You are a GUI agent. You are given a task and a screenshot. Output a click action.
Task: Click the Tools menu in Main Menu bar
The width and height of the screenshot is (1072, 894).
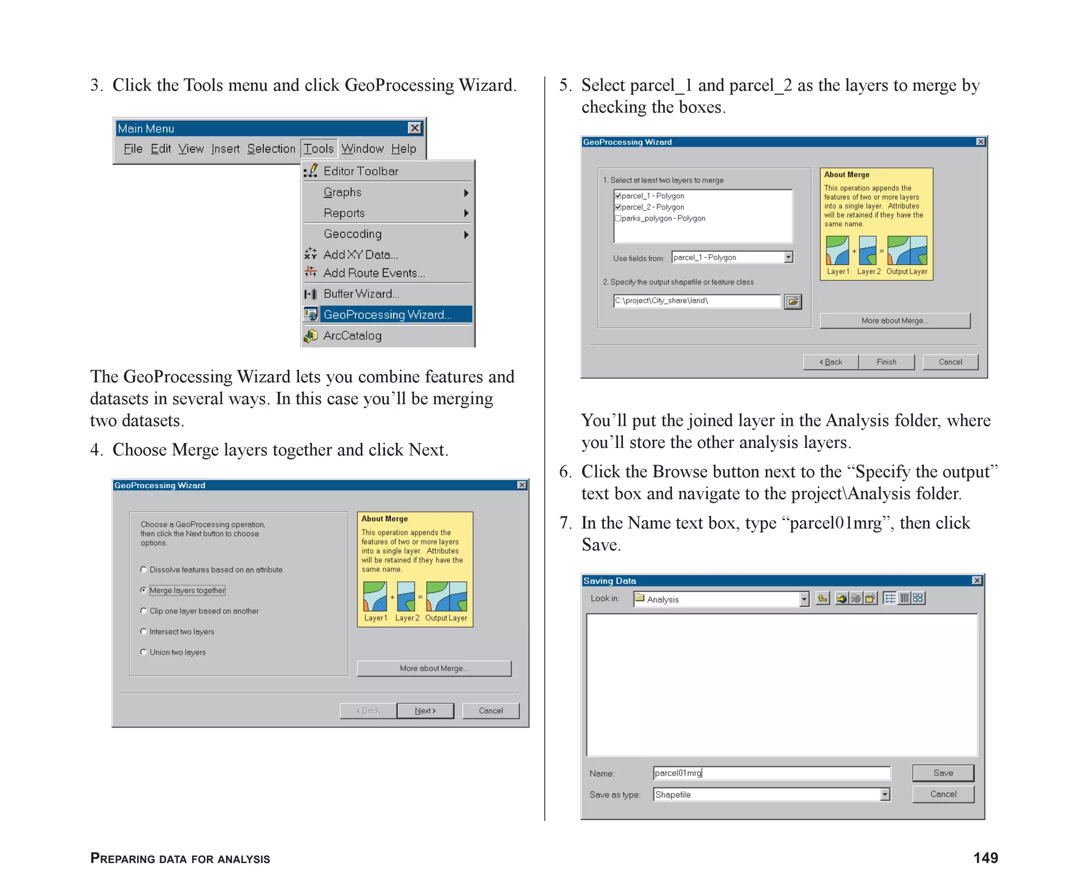(x=318, y=149)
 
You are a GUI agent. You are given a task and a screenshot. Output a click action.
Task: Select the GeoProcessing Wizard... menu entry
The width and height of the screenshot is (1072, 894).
(x=387, y=314)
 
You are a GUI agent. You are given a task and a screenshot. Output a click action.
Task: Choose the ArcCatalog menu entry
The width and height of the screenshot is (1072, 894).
(x=352, y=336)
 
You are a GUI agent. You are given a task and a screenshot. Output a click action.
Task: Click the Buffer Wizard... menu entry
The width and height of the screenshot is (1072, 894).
(x=361, y=294)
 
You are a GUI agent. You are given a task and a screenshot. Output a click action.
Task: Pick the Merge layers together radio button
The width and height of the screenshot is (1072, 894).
(x=143, y=590)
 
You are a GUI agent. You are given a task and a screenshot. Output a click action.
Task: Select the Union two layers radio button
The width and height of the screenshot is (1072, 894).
(x=143, y=652)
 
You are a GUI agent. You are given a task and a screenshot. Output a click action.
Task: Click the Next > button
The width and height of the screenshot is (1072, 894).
(x=425, y=711)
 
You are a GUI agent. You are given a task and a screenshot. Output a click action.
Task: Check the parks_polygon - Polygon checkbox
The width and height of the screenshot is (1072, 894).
(x=618, y=218)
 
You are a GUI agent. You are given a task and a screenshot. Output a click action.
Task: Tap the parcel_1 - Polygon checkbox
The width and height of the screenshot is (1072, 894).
(x=618, y=196)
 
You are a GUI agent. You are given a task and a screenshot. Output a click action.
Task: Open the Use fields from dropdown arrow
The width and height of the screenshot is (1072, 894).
(x=788, y=257)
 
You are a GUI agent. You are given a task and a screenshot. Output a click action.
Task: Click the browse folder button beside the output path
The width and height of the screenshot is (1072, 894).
(x=792, y=301)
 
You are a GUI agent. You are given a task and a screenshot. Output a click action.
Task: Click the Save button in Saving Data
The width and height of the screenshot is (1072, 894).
(x=943, y=773)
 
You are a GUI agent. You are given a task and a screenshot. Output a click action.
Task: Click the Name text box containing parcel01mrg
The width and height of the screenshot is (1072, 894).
(x=771, y=773)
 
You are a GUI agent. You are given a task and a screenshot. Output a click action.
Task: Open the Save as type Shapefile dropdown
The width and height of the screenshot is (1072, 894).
(x=885, y=794)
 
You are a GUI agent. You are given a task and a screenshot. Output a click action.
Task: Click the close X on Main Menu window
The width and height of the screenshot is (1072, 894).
(x=415, y=128)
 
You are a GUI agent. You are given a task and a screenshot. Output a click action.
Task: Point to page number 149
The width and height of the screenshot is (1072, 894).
(x=985, y=858)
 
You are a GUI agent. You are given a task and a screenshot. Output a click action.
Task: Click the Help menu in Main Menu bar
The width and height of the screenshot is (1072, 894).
(x=404, y=149)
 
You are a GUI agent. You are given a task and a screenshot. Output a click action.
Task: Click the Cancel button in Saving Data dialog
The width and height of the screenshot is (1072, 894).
(x=943, y=794)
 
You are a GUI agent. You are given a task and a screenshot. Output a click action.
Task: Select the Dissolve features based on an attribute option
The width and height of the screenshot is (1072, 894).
(x=143, y=570)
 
